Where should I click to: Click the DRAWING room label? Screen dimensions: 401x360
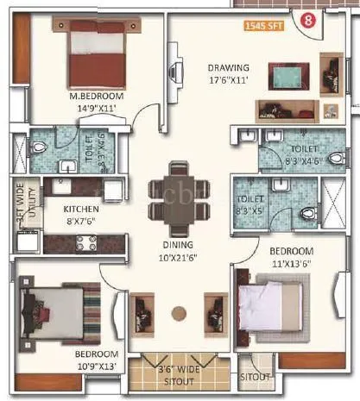coord(228,68)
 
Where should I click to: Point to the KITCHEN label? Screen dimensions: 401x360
coord(81,209)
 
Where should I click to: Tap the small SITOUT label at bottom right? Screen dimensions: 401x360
coord(256,377)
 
